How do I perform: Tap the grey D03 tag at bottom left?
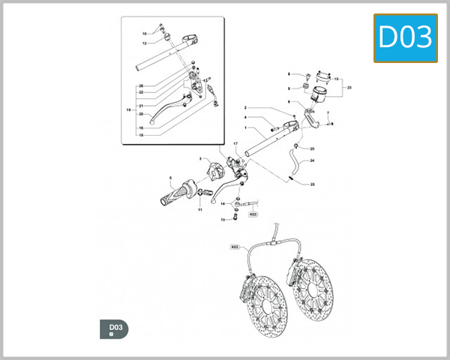click(114, 328)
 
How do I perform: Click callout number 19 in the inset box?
click(128, 110)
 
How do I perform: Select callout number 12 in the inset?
click(144, 43)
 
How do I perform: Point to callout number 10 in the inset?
click(145, 34)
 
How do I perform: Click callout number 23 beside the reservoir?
click(349, 88)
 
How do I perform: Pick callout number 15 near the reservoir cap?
click(337, 78)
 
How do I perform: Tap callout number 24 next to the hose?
click(312, 160)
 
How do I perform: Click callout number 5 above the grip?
click(171, 178)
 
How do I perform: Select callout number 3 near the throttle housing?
click(200, 159)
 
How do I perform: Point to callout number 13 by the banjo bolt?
click(223, 220)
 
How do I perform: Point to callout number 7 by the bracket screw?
click(328, 112)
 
